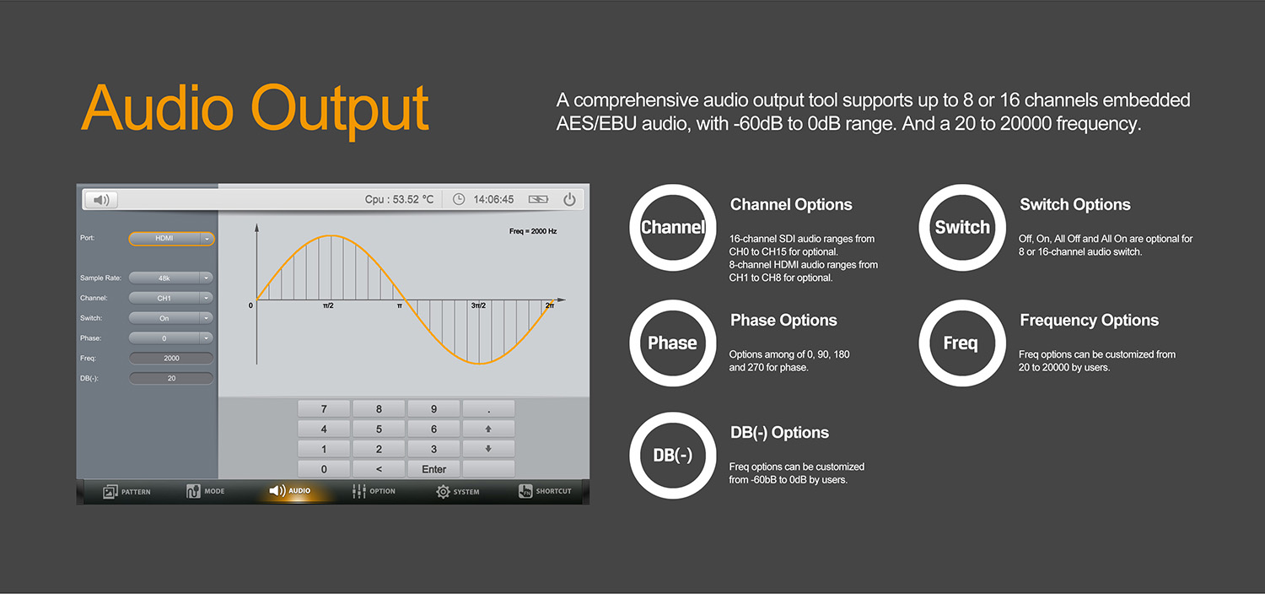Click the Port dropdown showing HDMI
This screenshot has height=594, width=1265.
point(171,239)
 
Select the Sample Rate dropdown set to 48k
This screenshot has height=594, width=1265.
point(170,278)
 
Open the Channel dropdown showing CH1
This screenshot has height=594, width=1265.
point(170,298)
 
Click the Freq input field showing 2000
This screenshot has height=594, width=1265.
point(171,359)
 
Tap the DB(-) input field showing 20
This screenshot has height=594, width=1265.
point(171,379)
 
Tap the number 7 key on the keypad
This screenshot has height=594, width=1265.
point(324,409)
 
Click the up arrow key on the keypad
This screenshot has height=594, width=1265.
point(488,429)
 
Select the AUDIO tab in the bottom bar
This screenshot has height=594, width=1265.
point(290,491)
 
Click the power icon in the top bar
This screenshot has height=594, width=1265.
point(570,200)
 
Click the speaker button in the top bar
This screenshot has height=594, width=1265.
point(101,200)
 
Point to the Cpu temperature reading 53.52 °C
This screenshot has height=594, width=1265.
point(399,200)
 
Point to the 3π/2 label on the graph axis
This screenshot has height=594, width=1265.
point(480,305)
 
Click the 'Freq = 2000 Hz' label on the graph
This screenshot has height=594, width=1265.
point(533,231)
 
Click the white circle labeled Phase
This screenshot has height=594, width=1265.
point(672,343)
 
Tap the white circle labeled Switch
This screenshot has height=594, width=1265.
point(961,228)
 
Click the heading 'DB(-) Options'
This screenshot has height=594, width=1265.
point(779,433)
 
